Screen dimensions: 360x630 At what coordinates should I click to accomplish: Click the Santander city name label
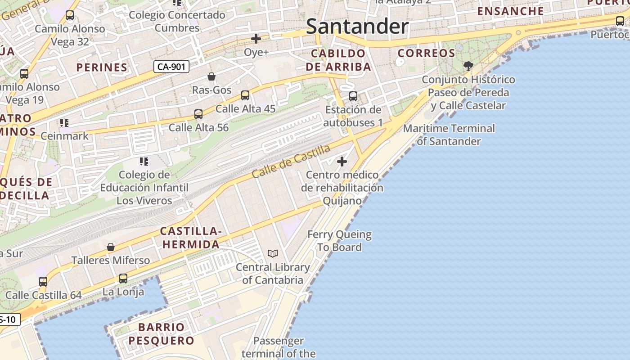tap(357, 27)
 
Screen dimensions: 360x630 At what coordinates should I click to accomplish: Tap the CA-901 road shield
tap(171, 67)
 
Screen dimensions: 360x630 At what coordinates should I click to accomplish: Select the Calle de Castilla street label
tap(291, 161)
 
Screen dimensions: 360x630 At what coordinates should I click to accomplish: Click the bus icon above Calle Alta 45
tap(245, 95)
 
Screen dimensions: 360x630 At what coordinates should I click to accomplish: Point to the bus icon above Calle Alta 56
tap(198, 114)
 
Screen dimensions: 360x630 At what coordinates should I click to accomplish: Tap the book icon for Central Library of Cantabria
tap(273, 253)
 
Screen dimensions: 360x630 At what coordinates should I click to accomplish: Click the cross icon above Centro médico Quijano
tap(342, 161)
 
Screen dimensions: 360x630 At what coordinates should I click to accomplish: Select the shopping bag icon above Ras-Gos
tap(211, 76)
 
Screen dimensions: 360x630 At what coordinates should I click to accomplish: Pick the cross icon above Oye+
tap(256, 39)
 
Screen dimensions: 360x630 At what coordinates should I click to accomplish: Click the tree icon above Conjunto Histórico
tap(468, 66)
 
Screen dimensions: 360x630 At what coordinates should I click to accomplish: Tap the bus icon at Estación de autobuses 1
tap(353, 96)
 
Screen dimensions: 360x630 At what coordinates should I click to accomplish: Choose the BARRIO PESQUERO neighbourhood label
tap(161, 333)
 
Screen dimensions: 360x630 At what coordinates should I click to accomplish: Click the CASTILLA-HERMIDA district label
tap(190, 238)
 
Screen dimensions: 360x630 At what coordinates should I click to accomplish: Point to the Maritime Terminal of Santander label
tap(449, 135)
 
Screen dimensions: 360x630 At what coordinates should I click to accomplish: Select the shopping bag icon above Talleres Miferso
tap(111, 247)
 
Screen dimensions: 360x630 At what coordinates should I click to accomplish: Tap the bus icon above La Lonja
tap(123, 279)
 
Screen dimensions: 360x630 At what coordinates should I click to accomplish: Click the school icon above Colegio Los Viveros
tap(144, 161)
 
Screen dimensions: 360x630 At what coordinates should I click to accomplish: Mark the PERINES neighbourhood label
tap(102, 67)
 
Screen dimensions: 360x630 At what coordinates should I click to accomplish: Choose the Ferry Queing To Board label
tap(339, 241)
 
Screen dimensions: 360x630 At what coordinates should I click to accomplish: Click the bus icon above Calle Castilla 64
tap(43, 282)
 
